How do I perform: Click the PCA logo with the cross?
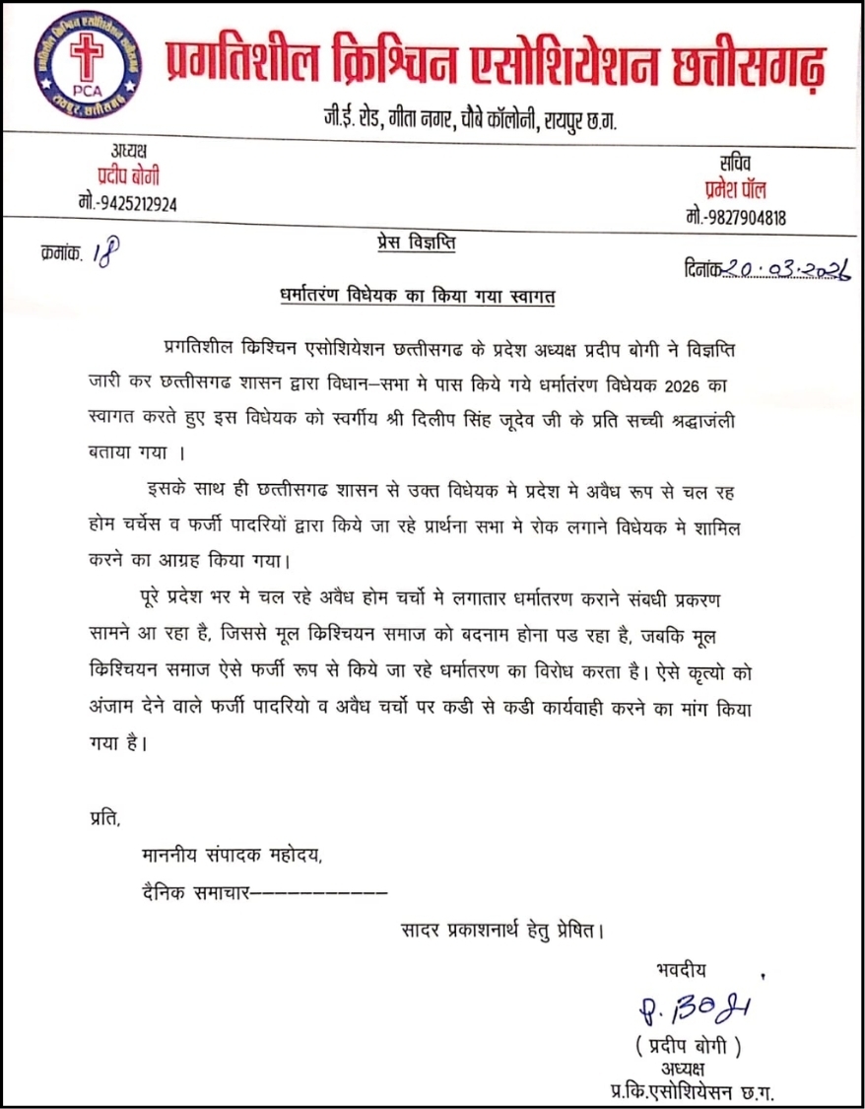(x=83, y=65)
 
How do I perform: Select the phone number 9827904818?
(x=735, y=218)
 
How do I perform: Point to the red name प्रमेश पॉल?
(x=735, y=190)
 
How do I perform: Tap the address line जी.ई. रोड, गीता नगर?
(x=462, y=120)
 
